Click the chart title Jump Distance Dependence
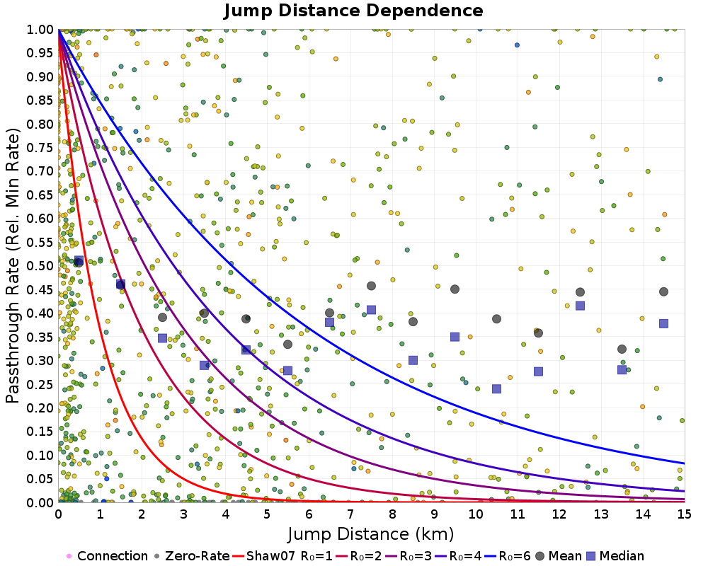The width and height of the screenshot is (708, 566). (353, 11)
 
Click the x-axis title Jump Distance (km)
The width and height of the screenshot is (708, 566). (371, 534)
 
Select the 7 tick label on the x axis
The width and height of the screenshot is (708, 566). (350, 514)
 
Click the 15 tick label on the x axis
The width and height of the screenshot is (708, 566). (685, 514)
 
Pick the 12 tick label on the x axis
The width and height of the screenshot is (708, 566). (559, 514)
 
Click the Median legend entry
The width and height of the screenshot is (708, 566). (615, 555)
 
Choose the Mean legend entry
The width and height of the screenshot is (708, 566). (558, 555)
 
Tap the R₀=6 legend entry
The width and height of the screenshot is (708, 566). (508, 555)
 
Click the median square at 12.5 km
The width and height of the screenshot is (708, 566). (581, 306)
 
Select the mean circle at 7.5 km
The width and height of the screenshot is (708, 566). (371, 286)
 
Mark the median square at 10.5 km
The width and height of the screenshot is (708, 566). (497, 388)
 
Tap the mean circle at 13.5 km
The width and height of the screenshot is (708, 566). (622, 349)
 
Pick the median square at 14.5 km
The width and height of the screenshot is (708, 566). (664, 323)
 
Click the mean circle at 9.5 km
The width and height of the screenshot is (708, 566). (455, 289)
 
